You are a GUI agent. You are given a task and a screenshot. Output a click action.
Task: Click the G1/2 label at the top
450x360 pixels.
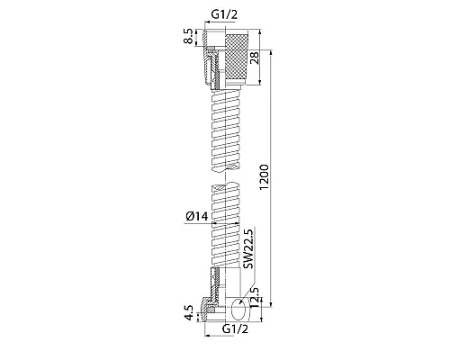224,14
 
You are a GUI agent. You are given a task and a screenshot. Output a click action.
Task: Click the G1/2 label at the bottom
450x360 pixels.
236,329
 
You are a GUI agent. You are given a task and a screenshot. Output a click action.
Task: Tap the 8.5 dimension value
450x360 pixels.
189,37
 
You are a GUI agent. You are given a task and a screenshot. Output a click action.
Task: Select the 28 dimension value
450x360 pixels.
255,58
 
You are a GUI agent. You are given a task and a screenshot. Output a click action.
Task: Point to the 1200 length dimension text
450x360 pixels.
265,177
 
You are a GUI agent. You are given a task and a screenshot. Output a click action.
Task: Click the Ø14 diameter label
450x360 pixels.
196,216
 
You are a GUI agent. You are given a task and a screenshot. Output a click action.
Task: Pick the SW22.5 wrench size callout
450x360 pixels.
248,248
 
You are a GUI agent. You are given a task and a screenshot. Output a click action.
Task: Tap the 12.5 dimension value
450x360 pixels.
255,297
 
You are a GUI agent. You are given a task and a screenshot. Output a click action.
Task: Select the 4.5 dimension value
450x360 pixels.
189,313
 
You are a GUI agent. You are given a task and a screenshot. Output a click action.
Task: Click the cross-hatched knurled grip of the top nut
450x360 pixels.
237,57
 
